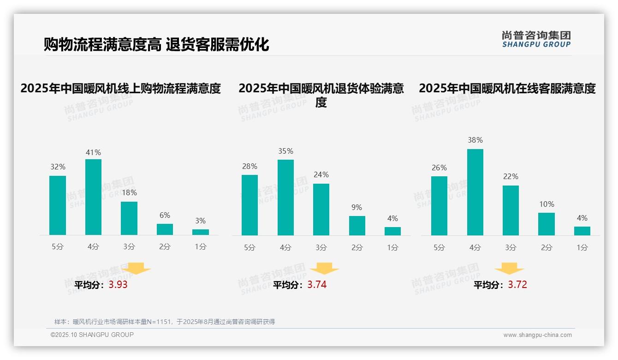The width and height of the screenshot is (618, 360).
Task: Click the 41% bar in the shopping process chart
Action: pyautogui.click(x=93, y=197)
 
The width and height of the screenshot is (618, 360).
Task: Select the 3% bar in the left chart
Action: pyautogui.click(x=200, y=232)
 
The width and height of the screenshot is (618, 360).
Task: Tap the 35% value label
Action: pyautogui.click(x=285, y=151)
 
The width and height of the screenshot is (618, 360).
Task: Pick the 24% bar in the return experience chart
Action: pyautogui.click(x=321, y=210)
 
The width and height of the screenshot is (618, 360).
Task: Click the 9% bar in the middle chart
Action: pyautogui.click(x=357, y=226)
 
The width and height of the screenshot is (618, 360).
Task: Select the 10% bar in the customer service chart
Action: pyautogui.click(x=546, y=224)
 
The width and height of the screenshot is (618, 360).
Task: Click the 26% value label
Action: pyautogui.click(x=439, y=168)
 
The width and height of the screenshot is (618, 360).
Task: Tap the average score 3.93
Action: pyautogui.click(x=118, y=285)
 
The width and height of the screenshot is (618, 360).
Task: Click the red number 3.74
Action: pyautogui.click(x=317, y=285)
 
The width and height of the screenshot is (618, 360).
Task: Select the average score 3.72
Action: pyautogui.click(x=517, y=285)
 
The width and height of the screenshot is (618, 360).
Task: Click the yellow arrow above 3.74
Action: pyautogui.click(x=324, y=268)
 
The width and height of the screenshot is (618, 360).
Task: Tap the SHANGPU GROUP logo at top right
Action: pyautogui.click(x=536, y=39)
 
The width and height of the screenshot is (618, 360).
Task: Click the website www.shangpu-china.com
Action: pyautogui.click(x=537, y=335)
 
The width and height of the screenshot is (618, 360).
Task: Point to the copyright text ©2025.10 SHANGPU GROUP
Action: pyautogui.click(x=92, y=335)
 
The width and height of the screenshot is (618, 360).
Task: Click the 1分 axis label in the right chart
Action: pyautogui.click(x=582, y=248)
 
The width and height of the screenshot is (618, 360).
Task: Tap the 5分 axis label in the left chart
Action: pyautogui.click(x=58, y=247)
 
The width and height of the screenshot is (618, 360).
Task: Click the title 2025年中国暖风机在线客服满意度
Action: pyautogui.click(x=507, y=88)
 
